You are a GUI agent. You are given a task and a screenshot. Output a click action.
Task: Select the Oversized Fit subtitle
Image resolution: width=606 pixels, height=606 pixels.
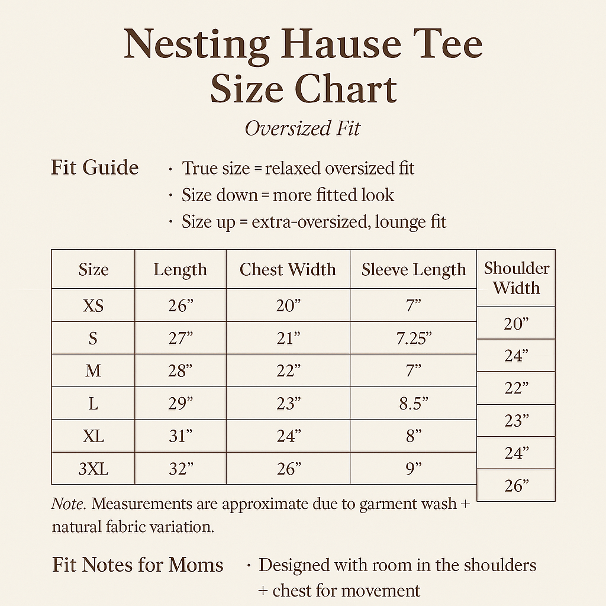(302, 128)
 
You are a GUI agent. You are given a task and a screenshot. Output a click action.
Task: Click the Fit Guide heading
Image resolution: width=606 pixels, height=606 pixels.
(95, 167)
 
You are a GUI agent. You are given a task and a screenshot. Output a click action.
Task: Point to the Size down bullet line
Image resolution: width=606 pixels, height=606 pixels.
(288, 195)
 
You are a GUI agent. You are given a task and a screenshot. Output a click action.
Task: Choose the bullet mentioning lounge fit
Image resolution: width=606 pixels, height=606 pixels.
(314, 223)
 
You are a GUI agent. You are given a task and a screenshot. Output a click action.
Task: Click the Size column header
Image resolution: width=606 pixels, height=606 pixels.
(94, 270)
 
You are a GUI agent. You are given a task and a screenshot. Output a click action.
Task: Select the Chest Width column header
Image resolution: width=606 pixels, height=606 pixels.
(288, 270)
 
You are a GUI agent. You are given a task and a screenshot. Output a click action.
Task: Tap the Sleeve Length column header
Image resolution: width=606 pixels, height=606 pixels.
(414, 270)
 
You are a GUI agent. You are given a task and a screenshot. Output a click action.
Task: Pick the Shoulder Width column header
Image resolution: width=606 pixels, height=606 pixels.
(517, 278)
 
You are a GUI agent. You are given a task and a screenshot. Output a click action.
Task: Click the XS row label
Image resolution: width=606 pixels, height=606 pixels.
(94, 306)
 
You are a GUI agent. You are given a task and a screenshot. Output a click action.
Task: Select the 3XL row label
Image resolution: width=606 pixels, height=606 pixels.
(94, 469)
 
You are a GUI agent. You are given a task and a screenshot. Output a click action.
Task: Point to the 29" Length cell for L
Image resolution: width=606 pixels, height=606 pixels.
(180, 404)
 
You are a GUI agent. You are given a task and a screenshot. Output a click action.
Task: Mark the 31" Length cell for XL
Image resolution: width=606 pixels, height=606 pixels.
(180, 437)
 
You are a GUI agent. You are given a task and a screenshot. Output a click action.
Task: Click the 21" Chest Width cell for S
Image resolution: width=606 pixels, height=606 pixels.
(288, 339)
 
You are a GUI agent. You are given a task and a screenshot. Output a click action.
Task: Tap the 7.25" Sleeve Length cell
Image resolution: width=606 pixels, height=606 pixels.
(414, 339)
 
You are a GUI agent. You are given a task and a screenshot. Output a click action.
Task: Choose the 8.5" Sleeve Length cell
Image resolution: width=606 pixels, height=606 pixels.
(414, 404)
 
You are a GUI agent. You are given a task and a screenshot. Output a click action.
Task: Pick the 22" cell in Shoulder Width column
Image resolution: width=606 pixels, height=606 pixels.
(516, 388)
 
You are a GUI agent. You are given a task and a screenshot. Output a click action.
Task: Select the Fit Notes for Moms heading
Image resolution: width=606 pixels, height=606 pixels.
(137, 565)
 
